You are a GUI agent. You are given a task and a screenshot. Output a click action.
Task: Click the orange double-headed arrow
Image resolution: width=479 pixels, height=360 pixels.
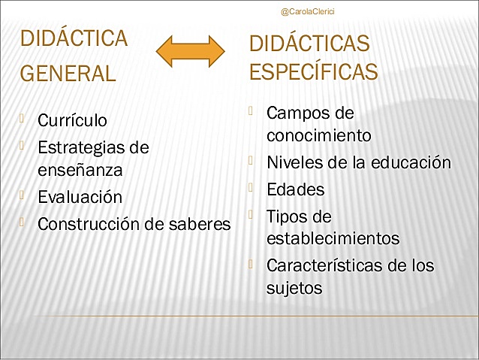point(191,50)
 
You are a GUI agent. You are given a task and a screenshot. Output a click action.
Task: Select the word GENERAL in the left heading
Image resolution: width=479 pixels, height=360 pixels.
point(68,74)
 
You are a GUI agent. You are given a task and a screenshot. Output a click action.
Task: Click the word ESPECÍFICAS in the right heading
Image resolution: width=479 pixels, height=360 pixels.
point(313,72)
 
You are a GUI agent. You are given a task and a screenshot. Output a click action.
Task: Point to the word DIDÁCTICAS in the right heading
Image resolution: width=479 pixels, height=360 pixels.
point(309,44)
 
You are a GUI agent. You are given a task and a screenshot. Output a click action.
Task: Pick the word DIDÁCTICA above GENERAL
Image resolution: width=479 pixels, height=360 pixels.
point(74,39)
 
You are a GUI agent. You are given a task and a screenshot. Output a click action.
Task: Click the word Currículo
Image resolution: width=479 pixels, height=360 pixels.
point(72,120)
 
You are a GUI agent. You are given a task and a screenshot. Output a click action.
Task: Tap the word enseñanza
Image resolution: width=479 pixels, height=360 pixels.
point(80,170)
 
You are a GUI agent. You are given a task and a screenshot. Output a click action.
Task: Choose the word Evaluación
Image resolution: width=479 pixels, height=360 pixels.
point(80,197)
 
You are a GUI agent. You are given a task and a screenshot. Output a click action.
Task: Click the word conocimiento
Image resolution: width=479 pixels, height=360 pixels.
point(318,136)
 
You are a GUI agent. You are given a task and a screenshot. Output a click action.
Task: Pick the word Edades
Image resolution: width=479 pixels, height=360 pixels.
point(295,189)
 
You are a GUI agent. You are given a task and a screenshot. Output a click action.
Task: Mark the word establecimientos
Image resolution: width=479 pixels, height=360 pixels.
point(333,239)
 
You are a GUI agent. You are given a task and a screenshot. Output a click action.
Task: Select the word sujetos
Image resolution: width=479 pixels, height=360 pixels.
point(294,287)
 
